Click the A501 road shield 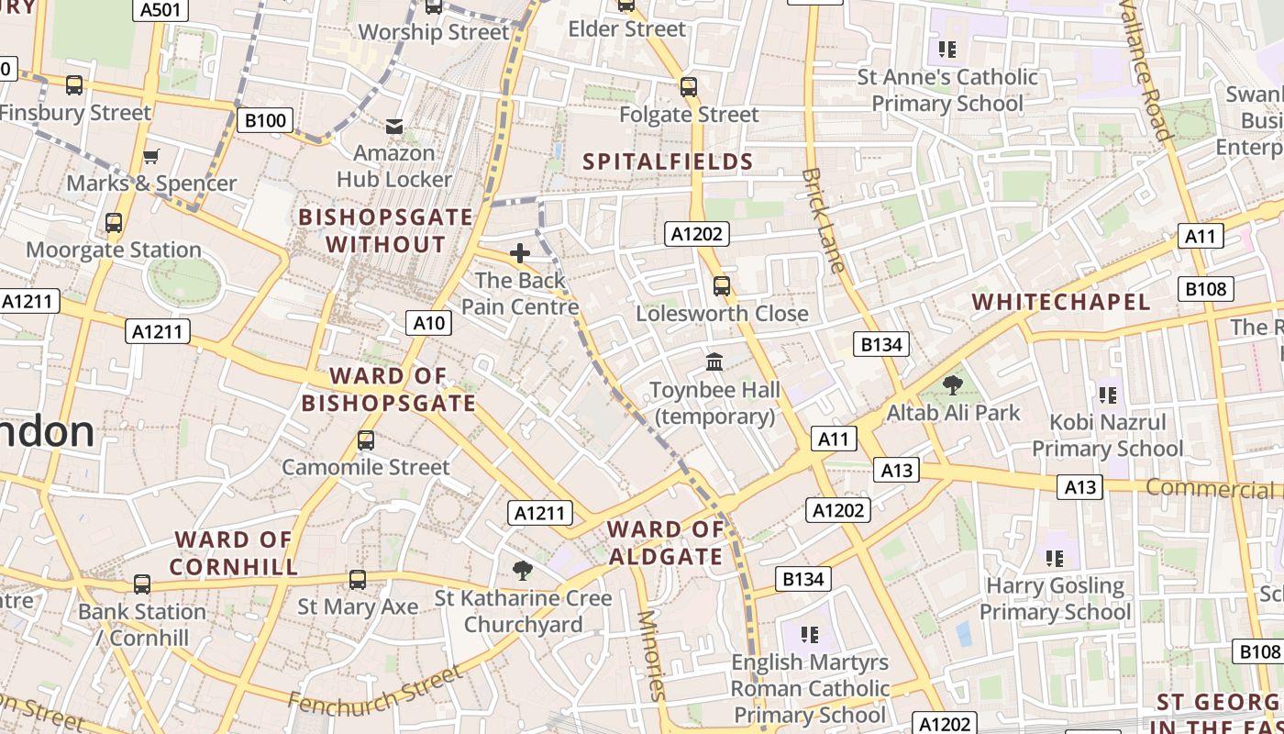(160, 10)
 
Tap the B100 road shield (266, 120)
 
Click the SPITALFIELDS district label (669, 162)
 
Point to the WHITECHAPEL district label (1061, 302)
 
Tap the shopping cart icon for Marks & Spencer (151, 156)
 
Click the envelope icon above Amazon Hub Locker (394, 126)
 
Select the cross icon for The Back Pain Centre (520, 253)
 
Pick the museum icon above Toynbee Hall (714, 362)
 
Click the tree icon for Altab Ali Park (953, 385)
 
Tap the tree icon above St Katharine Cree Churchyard (523, 571)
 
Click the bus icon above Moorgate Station (114, 223)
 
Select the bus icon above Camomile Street (366, 440)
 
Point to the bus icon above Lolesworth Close (722, 286)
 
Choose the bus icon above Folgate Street (689, 87)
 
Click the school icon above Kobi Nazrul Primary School (1108, 395)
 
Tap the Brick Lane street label (822, 220)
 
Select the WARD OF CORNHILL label (234, 553)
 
